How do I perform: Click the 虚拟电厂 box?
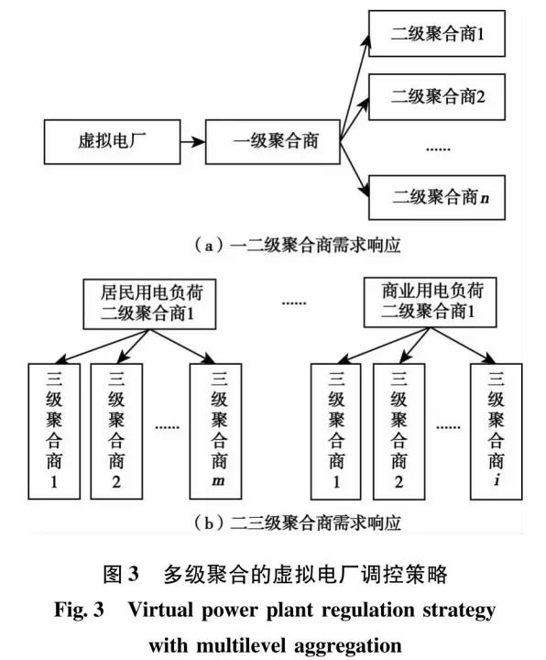click(111, 143)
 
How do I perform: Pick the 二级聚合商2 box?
click(434, 93)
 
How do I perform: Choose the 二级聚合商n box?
click(434, 197)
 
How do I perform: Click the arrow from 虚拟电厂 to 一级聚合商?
click(191, 143)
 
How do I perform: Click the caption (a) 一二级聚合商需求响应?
click(272, 245)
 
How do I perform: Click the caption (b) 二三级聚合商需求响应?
click(272, 524)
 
